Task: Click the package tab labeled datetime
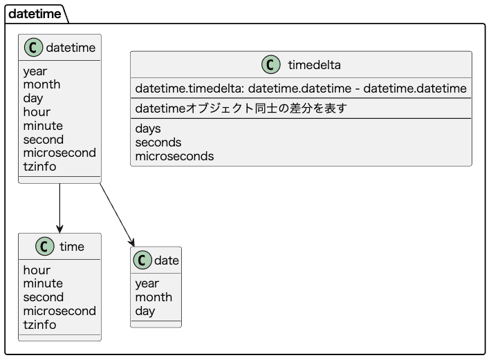[34, 13]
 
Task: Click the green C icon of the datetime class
[33, 48]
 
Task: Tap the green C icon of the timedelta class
[271, 65]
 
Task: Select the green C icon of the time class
[44, 247]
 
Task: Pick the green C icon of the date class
[142, 260]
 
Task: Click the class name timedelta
[314, 65]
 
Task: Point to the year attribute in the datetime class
[35, 71]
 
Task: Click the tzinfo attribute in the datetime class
[39, 167]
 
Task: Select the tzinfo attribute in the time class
[39, 325]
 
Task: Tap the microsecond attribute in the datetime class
[59, 153]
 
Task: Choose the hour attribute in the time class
[37, 270]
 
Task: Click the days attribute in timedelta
[148, 129]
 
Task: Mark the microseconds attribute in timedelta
[174, 156]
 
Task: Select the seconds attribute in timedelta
[158, 142]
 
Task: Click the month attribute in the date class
[154, 297]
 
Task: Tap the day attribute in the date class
[145, 311]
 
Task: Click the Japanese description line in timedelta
[241, 108]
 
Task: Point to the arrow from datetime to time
[60, 208]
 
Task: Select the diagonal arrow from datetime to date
[117, 214]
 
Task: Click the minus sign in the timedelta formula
[357, 88]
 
